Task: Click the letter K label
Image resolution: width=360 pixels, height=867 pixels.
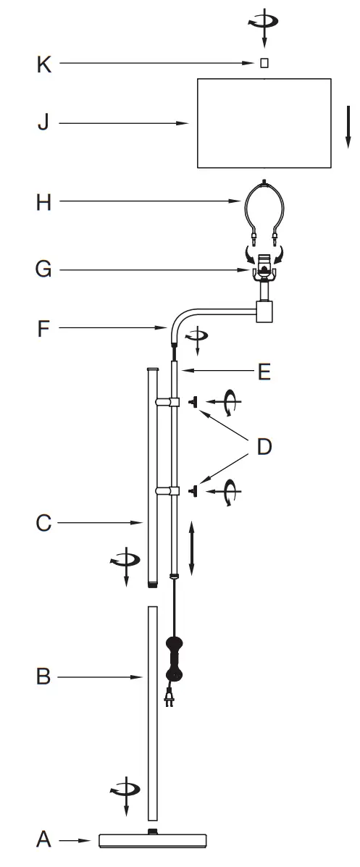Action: click(x=44, y=64)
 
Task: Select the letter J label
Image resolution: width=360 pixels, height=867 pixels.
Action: click(x=43, y=123)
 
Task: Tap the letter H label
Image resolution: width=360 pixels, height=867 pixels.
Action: click(x=44, y=203)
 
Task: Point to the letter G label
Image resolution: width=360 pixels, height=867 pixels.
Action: click(x=43, y=269)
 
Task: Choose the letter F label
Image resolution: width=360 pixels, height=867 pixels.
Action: click(x=44, y=329)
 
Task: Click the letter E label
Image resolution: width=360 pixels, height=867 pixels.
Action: click(x=264, y=372)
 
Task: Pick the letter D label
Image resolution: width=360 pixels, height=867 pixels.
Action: click(x=264, y=447)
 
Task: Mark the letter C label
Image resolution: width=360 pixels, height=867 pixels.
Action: click(x=43, y=522)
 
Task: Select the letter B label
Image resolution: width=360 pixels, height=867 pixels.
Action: click(x=43, y=677)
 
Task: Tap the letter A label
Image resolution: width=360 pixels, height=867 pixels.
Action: click(x=43, y=839)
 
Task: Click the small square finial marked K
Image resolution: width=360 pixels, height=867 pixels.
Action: click(x=264, y=64)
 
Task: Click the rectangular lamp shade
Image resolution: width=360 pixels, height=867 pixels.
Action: click(x=264, y=123)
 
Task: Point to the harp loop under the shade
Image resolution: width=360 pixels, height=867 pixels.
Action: click(x=264, y=206)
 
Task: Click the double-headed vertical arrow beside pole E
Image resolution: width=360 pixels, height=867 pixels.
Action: click(x=191, y=548)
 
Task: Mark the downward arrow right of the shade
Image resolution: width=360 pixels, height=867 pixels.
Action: click(x=348, y=126)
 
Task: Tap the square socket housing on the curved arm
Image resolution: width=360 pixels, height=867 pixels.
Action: click(x=265, y=312)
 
